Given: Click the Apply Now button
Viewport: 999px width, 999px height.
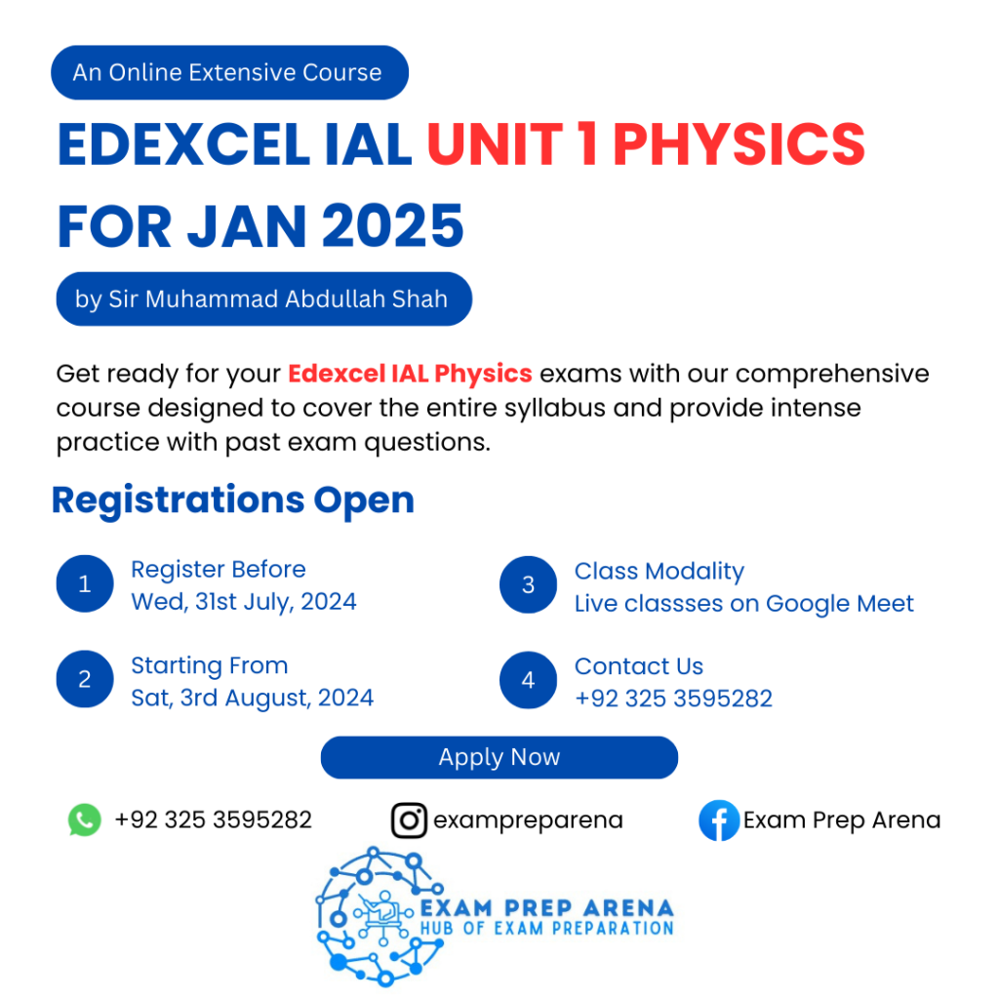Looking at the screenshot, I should click(499, 757).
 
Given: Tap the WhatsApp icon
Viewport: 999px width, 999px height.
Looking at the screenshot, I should click(85, 819).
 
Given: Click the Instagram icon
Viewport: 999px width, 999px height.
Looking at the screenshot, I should click(409, 819).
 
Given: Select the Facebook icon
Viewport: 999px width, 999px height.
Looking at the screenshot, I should click(718, 820).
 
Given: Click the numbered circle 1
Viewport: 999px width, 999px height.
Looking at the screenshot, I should click(85, 584).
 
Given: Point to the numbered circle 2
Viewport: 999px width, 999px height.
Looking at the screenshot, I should click(85, 680).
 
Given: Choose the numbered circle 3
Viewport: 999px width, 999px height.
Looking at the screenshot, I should click(528, 584).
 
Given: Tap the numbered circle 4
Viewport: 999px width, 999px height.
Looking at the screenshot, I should click(528, 680).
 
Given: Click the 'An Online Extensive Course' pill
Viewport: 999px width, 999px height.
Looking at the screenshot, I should click(228, 72).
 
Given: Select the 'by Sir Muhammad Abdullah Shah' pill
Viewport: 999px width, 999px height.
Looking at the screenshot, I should click(262, 299).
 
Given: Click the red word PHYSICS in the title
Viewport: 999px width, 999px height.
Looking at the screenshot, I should click(739, 144).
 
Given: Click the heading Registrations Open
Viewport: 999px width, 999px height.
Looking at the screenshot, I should click(233, 500).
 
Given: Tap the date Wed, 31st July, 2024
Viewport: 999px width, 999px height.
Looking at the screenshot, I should click(244, 601).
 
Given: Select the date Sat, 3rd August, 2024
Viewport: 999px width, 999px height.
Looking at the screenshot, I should click(253, 698).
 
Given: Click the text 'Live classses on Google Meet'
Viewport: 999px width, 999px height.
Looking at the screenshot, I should click(743, 604).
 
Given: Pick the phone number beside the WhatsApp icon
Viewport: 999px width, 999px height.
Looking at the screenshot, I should click(213, 819).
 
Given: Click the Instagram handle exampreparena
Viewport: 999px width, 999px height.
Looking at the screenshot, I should click(528, 819).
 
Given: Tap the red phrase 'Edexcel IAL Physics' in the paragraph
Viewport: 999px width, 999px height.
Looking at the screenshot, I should click(410, 374).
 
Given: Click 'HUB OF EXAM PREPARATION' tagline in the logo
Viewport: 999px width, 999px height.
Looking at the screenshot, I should click(547, 928).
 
